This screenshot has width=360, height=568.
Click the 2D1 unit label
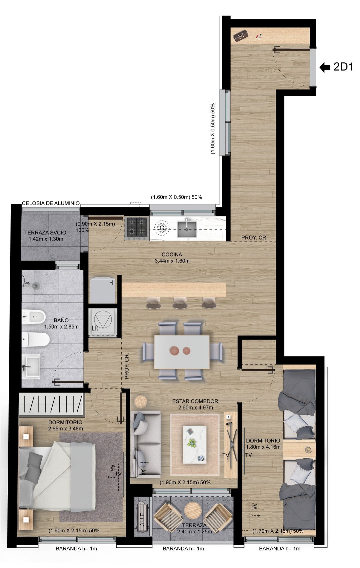point(343,67)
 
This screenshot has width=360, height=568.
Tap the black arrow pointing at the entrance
point(325,67)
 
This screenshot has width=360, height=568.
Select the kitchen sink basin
point(187,229)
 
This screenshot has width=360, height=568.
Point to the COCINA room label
point(172,254)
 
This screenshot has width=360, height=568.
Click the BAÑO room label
point(61,320)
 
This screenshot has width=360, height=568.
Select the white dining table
point(182,352)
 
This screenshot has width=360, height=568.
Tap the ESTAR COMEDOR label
point(195,401)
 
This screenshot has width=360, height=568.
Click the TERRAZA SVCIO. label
point(46,232)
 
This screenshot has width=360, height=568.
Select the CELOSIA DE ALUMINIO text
point(51,203)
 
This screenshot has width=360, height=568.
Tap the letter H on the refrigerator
point(111,283)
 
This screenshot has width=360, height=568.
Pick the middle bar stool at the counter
point(180,303)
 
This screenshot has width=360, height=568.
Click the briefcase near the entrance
point(240,35)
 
